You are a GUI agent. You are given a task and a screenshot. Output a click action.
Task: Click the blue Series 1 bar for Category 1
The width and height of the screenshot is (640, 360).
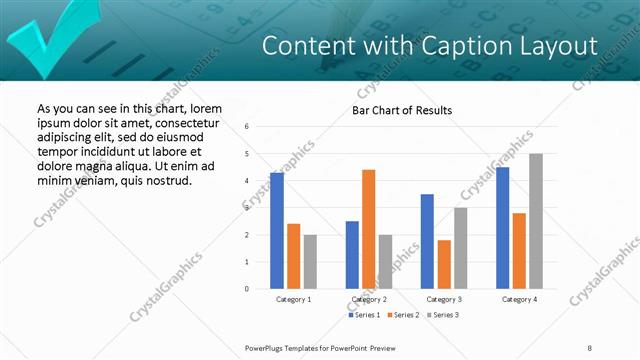coord(277,231)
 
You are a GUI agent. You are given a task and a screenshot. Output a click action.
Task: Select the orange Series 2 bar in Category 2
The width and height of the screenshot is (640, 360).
coord(368,229)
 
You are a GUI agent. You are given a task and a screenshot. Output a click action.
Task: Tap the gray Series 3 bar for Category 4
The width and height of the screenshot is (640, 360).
coord(536,221)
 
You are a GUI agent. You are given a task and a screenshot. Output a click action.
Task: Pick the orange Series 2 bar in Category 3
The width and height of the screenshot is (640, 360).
coord(444,264)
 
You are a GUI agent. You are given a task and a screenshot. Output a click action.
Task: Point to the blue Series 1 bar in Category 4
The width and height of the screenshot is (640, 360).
coord(502,228)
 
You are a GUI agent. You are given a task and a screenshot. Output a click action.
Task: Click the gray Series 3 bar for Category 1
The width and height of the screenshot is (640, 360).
coord(310,262)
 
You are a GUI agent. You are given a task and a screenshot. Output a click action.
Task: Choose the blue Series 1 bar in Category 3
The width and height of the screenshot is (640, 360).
coord(427,241)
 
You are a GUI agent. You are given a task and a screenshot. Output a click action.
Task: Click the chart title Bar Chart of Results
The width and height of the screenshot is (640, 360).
coord(402,110)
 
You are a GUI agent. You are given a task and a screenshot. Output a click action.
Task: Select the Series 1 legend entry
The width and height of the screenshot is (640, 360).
coord(364,315)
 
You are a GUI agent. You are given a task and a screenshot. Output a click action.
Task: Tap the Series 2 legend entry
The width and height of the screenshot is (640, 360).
coord(402,315)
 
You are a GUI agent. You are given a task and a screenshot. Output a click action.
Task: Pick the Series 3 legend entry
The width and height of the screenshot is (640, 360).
coord(441,315)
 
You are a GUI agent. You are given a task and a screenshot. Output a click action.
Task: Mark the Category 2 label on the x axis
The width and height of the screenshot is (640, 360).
coord(369,299)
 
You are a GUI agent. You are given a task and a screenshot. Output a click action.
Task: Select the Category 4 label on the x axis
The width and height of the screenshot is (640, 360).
coord(518,299)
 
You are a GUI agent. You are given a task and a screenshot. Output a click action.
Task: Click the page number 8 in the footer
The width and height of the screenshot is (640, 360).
coord(589,347)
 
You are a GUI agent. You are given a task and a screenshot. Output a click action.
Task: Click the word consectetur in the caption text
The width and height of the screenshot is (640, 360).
coord(182,122)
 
